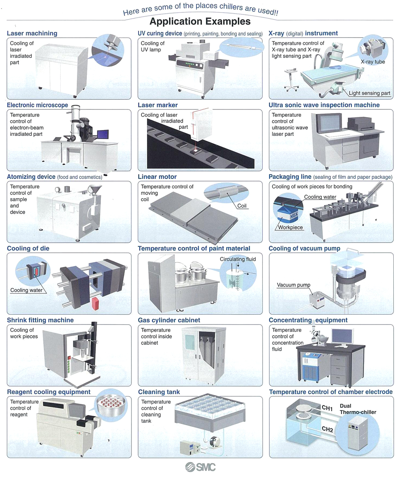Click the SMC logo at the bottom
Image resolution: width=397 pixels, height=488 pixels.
(x=201, y=467)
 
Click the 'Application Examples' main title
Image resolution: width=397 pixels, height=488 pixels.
(x=200, y=21)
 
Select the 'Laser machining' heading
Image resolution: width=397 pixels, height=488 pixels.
(x=32, y=33)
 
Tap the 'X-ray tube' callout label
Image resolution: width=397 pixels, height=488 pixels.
(x=373, y=62)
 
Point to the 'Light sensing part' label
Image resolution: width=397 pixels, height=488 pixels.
(x=369, y=93)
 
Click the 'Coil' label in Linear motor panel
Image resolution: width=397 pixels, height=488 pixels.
(x=242, y=206)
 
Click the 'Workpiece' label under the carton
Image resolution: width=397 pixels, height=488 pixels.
(x=290, y=227)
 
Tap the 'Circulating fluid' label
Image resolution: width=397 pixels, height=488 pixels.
(x=238, y=259)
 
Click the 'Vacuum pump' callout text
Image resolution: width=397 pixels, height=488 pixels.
(x=293, y=285)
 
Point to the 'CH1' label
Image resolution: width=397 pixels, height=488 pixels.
(x=327, y=408)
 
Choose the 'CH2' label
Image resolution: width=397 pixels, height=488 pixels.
(x=328, y=429)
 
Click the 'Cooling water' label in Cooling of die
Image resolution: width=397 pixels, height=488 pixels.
(x=26, y=290)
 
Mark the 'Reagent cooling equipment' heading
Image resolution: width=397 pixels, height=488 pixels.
(x=49, y=392)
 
